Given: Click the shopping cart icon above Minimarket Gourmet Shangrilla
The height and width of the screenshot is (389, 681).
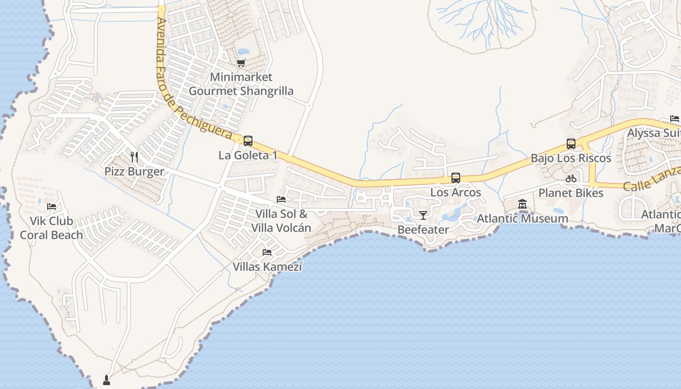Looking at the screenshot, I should [241, 63].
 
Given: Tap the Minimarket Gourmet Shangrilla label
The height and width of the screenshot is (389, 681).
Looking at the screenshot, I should [241, 84].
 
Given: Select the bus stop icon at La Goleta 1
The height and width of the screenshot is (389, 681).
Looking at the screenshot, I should [248, 141].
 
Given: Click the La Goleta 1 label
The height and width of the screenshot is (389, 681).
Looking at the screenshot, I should [248, 156].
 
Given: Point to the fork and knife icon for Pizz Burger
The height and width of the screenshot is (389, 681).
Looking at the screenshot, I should [134, 157].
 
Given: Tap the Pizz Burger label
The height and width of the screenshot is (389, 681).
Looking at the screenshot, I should [134, 172].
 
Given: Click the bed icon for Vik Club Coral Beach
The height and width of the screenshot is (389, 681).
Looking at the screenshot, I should [52, 207].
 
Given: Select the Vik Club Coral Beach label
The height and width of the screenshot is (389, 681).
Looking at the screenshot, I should [51, 228].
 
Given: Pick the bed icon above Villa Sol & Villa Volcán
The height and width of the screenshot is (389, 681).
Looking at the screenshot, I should [281, 199].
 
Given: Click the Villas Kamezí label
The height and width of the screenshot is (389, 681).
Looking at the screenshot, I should [268, 267].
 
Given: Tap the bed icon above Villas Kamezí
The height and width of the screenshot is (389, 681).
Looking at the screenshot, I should [267, 252].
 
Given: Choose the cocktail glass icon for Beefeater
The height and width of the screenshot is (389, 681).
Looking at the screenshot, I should [423, 215].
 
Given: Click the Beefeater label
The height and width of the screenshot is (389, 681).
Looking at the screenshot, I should [423, 230].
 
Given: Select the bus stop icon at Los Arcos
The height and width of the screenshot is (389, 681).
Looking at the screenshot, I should [456, 178].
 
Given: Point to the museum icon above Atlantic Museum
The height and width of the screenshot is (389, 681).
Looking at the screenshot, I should [522, 204].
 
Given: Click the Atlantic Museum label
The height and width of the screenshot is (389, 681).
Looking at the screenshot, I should [522, 219].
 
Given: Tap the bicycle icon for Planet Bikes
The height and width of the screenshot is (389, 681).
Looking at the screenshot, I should [571, 178].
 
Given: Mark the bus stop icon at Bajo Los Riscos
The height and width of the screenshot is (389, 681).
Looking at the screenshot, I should [571, 144].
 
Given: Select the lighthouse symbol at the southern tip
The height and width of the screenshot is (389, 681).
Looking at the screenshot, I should [107, 380].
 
